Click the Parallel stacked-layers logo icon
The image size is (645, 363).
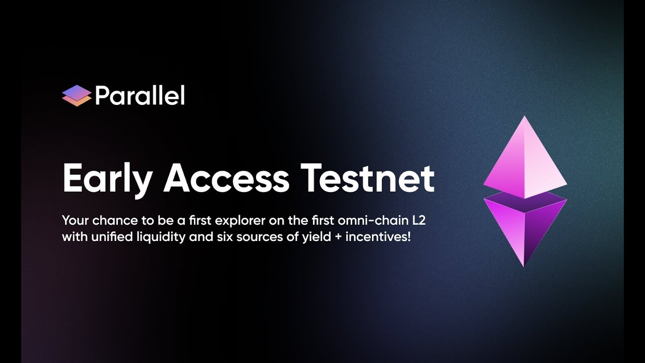[x=76, y=96]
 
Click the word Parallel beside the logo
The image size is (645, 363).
[x=140, y=95]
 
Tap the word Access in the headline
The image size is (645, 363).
[x=227, y=178]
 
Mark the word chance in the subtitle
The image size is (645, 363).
[x=100, y=220]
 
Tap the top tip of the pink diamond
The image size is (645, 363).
[x=525, y=117]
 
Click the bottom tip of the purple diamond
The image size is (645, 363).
[x=524, y=265]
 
